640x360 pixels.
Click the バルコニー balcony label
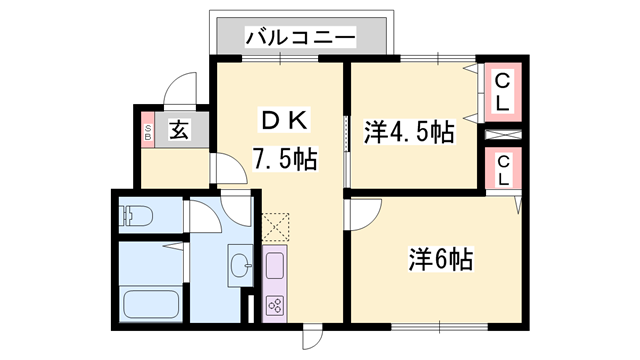301,38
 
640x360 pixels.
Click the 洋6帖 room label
440,259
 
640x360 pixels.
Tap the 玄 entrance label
179,130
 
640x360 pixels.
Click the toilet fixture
133,214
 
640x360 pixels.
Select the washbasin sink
240,266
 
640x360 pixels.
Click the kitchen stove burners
274,305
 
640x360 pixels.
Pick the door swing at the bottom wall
313,338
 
